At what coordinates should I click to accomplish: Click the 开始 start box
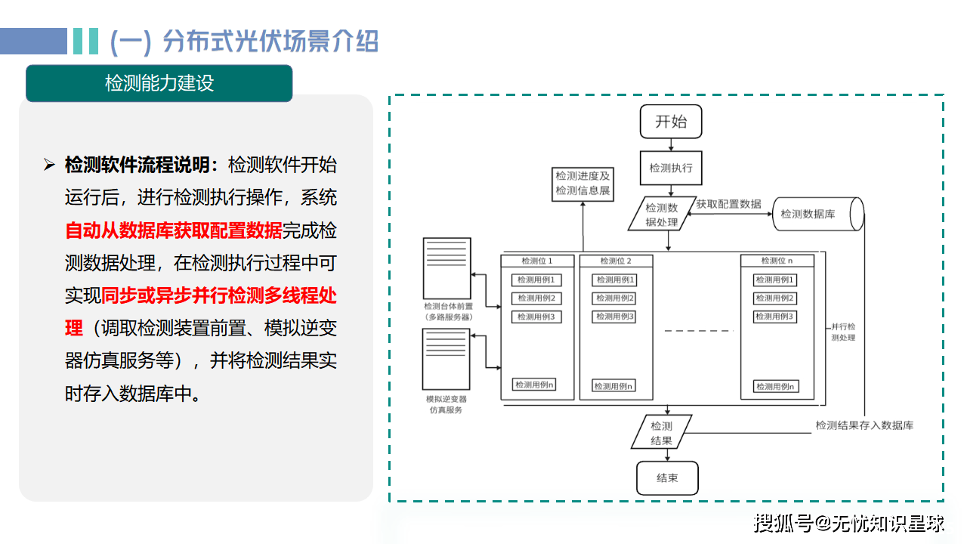click(x=670, y=122)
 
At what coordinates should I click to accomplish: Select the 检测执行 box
click(x=670, y=168)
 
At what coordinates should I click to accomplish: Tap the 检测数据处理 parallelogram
click(x=661, y=215)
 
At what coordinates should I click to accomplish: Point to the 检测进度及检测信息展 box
click(x=582, y=184)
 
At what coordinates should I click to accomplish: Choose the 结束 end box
click(x=667, y=478)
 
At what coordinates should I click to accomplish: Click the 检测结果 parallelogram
click(x=661, y=433)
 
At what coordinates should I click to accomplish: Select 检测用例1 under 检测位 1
click(x=537, y=280)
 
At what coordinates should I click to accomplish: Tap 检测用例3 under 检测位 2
click(x=615, y=317)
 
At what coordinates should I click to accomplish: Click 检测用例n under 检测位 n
click(x=776, y=387)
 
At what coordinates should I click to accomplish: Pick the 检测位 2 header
click(x=616, y=261)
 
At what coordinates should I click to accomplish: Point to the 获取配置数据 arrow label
click(x=728, y=204)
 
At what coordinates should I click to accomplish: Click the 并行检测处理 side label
click(x=842, y=332)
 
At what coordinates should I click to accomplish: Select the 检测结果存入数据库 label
click(x=864, y=425)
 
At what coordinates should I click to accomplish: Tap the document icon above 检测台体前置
click(x=447, y=268)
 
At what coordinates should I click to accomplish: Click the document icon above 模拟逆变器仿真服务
click(x=446, y=358)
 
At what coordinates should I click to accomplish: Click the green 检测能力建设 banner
click(x=159, y=83)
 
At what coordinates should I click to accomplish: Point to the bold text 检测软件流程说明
click(x=141, y=165)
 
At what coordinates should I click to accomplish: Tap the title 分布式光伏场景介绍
click(x=270, y=42)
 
